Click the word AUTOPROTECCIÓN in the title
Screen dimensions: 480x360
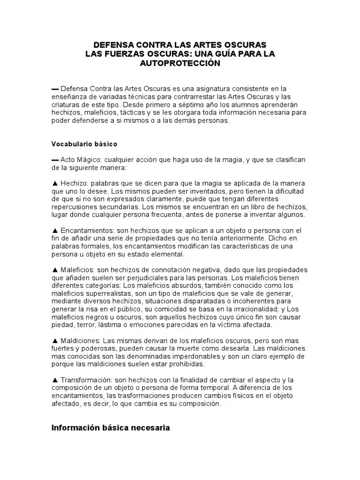point(180,63)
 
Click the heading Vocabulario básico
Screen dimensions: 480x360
point(84,143)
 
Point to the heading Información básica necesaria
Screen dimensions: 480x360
point(111,427)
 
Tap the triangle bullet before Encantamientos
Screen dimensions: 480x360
point(55,231)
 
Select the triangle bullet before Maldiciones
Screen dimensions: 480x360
point(55,340)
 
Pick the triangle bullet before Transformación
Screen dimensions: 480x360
point(55,380)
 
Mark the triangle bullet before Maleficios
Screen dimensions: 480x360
point(55,270)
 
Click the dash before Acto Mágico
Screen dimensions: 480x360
point(55,160)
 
